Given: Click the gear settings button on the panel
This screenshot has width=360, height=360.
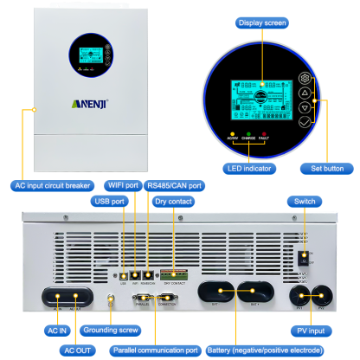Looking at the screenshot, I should (304, 75).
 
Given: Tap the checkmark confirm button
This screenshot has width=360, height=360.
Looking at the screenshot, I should (304, 124).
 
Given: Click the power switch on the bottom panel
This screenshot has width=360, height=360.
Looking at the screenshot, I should (302, 257).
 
